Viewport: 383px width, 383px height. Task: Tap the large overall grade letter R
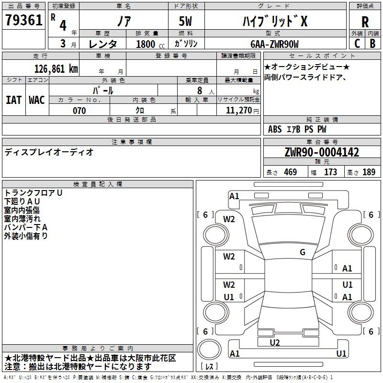365,22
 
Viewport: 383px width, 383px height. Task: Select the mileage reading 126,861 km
56,68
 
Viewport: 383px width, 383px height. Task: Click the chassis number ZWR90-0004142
321,153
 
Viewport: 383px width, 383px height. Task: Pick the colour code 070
79,111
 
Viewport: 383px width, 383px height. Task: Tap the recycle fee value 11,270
238,111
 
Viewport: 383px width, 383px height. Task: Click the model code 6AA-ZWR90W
274,44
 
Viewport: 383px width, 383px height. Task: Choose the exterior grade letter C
357,43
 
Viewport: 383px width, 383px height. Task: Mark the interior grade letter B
372,43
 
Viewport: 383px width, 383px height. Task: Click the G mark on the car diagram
303,252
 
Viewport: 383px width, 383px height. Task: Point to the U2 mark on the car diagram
274,342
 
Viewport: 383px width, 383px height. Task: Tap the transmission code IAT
13,100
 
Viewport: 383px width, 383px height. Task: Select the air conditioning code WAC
36,100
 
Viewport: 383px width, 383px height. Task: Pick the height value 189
369,172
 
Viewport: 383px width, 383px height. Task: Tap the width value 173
330,172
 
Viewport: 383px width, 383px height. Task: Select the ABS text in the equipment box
275,129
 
